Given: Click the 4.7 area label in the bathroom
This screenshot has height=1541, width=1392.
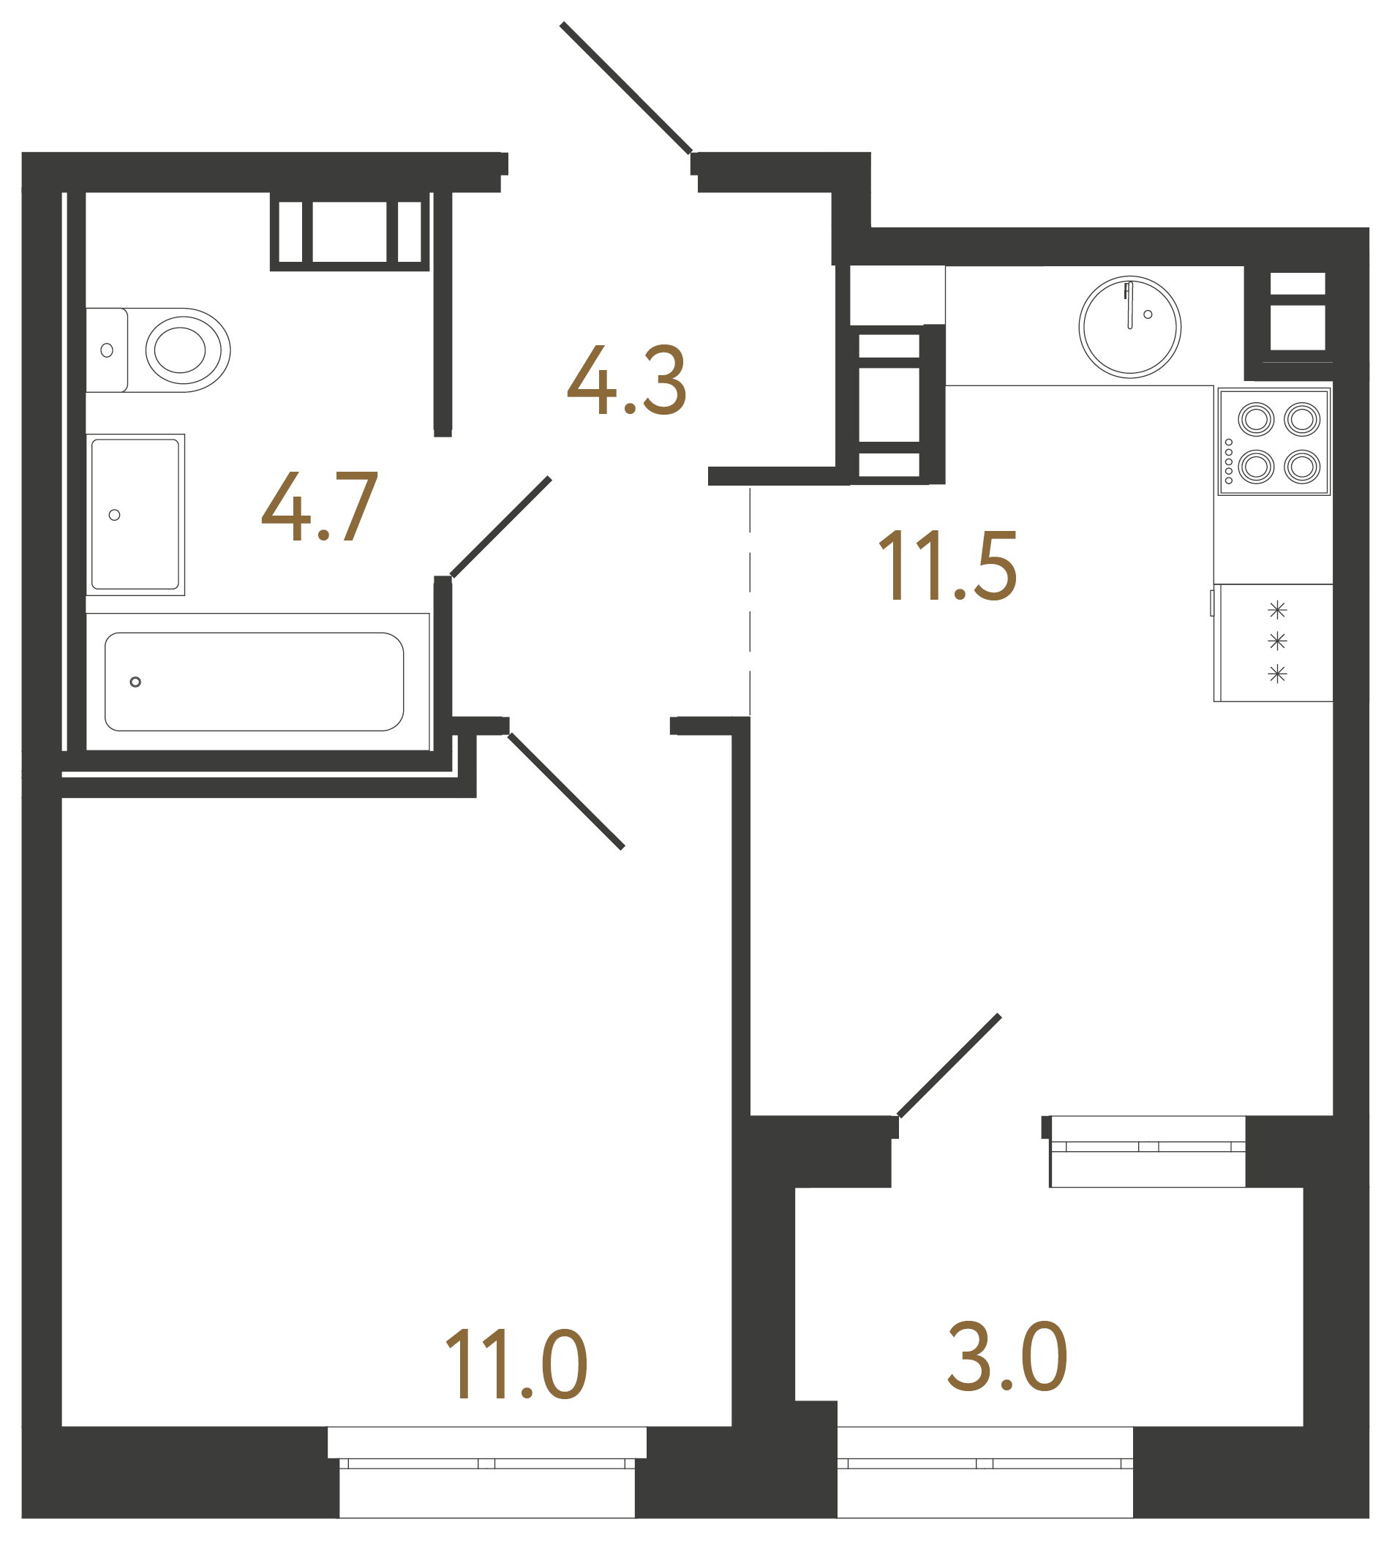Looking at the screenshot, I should click(x=320, y=506).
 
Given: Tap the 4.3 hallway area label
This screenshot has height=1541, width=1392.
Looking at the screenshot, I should click(x=626, y=380).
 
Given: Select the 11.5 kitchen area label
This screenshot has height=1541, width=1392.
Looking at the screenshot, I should click(x=947, y=566).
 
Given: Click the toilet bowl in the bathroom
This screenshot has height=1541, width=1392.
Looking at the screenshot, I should click(x=184, y=350).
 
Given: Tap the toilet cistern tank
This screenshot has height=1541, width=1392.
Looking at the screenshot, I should click(x=106, y=350).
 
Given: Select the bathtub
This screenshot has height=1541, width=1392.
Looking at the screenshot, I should click(x=254, y=681).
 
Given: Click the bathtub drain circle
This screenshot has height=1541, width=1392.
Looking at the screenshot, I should click(x=135, y=682).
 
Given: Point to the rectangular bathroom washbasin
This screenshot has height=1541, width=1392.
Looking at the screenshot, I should click(x=135, y=513).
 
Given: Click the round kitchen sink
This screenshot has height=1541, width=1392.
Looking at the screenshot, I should click(x=1129, y=326).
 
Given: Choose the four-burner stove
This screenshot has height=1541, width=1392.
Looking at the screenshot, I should click(x=1274, y=442).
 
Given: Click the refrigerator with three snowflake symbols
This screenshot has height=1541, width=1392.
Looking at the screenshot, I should click(x=1274, y=642).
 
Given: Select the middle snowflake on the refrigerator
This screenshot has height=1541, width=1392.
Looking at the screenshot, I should click(x=1276, y=641).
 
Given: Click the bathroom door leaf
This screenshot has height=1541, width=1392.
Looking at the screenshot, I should click(x=500, y=527).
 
